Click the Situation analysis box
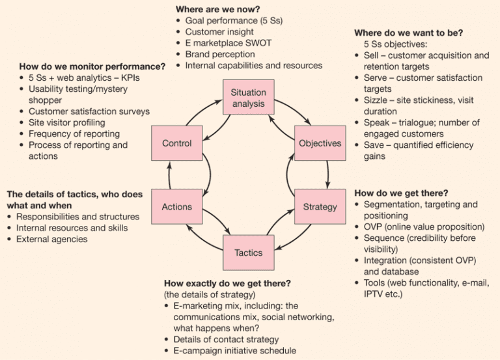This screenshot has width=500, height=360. (248, 98)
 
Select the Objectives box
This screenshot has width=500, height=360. (320, 143)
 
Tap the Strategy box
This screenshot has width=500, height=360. (320, 207)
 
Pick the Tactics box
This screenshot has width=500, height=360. (248, 253)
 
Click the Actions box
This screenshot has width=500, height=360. (176, 207)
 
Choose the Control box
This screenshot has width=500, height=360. (176, 143)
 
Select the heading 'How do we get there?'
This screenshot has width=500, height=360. (401, 193)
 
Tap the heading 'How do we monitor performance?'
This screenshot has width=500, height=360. (92, 66)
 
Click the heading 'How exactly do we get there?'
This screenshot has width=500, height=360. (227, 283)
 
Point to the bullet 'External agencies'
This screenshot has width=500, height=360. (52, 239)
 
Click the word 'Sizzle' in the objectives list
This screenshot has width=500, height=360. (376, 100)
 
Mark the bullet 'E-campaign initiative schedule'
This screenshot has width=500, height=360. (235, 350)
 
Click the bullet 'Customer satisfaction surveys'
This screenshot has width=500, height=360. (89, 111)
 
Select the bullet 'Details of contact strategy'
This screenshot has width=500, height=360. (226, 339)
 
